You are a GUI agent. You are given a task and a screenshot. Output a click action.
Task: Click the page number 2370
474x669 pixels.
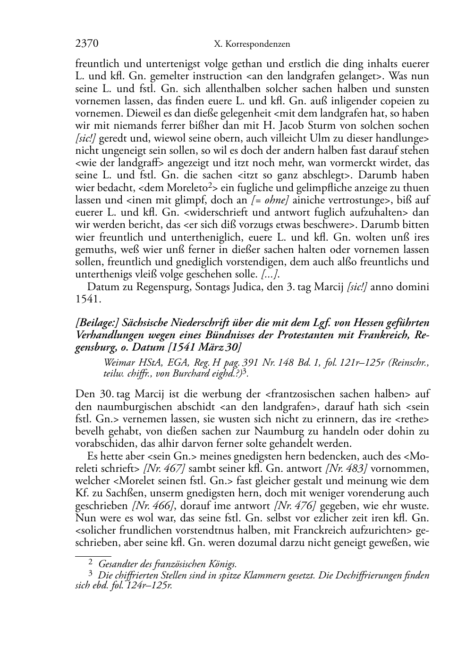(x=87, y=44)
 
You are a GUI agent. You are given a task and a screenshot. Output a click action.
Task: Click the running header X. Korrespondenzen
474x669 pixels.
(x=252, y=44)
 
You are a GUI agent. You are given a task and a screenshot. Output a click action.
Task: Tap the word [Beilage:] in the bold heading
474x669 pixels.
(x=96, y=323)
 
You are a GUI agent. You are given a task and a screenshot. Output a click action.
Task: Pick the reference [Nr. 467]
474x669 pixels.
(x=164, y=468)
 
